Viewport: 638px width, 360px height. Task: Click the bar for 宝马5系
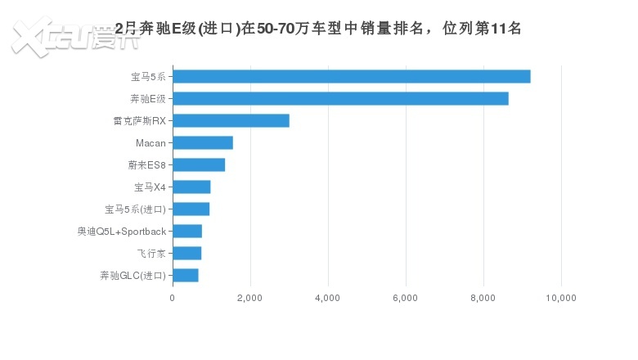(352, 77)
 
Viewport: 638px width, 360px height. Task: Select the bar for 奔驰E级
(340, 99)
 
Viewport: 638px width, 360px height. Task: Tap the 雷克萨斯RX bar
(231, 121)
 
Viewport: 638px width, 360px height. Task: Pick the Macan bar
(203, 143)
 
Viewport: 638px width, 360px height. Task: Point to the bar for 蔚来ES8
(199, 165)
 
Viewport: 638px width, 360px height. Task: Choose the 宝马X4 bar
(191, 187)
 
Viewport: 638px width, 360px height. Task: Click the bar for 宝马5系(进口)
(191, 209)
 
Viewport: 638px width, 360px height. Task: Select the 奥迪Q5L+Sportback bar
(187, 232)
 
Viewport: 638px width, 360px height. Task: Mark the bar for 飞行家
(187, 254)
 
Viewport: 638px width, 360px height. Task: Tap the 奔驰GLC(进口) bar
(186, 276)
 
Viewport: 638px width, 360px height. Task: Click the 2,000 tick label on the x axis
(249, 298)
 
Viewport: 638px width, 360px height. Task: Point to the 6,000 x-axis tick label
(406, 298)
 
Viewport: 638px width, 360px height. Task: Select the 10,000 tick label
(561, 298)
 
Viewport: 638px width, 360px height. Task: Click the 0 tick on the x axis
(173, 298)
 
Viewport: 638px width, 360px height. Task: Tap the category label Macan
(151, 143)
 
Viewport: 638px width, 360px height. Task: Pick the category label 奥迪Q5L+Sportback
(122, 232)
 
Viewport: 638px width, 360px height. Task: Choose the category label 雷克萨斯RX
(139, 121)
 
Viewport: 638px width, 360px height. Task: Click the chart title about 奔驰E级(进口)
(318, 29)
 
